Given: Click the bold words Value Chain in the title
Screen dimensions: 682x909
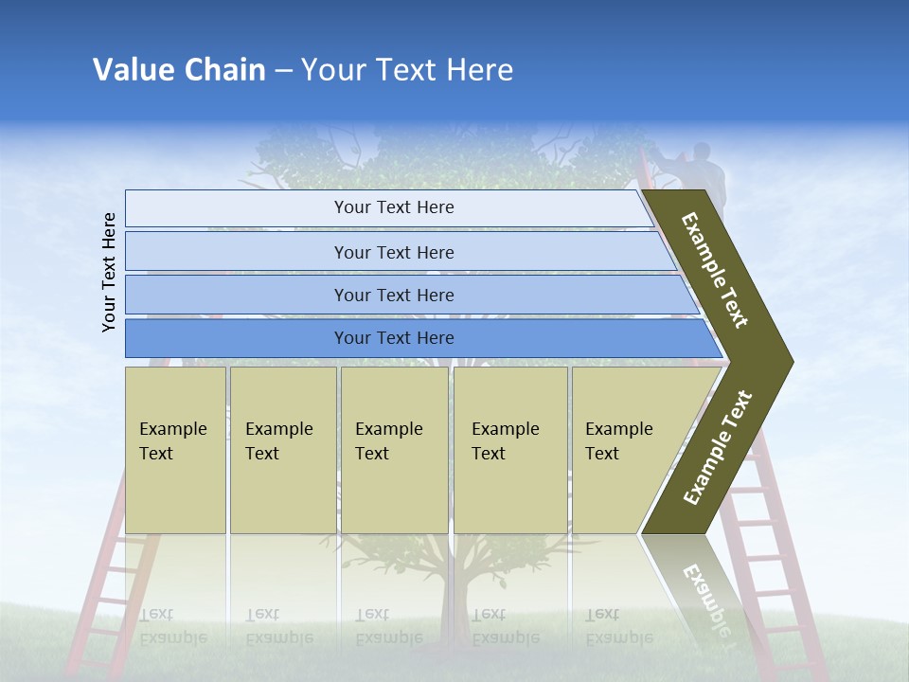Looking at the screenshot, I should [179, 70].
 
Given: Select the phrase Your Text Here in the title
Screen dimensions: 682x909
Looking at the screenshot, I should [407, 70].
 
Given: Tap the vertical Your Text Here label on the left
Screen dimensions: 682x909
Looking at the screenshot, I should [109, 272].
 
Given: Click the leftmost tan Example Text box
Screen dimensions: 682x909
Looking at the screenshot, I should [175, 450].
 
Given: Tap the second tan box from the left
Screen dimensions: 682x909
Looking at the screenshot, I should [282, 450].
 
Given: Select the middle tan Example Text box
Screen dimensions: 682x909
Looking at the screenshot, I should [394, 450].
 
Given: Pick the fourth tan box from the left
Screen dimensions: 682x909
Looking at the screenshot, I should [510, 450].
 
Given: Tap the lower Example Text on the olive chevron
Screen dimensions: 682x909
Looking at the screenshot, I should [718, 447].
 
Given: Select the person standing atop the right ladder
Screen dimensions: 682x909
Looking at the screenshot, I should [703, 170].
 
